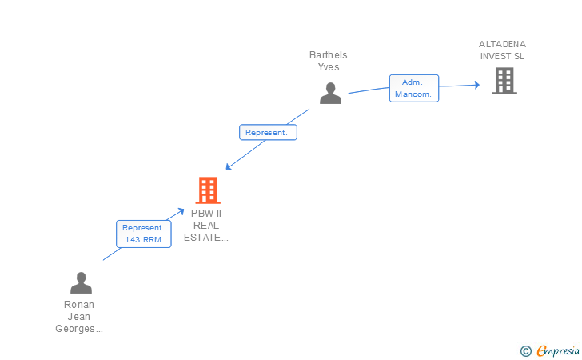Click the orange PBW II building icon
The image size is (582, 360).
[x=208, y=190]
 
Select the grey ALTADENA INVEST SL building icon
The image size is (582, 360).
[x=504, y=81]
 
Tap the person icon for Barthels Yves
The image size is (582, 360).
[x=330, y=94]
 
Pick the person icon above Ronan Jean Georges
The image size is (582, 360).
[x=81, y=283]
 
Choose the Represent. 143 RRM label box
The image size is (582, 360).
[x=143, y=234]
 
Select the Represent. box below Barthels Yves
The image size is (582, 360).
[x=268, y=133]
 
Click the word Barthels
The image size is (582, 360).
[x=329, y=55]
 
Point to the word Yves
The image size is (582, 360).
[x=329, y=67]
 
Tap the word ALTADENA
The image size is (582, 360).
[x=503, y=44]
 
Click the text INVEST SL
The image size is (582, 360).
[x=503, y=56]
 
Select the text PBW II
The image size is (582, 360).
[x=206, y=213]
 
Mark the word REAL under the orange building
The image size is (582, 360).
[x=206, y=225]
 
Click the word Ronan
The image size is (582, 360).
[x=79, y=305]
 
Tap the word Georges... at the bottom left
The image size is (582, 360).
[x=79, y=329]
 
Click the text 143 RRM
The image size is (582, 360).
[x=143, y=240]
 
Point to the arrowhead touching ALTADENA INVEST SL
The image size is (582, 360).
[x=476, y=84]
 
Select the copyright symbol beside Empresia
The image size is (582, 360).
[x=525, y=350]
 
